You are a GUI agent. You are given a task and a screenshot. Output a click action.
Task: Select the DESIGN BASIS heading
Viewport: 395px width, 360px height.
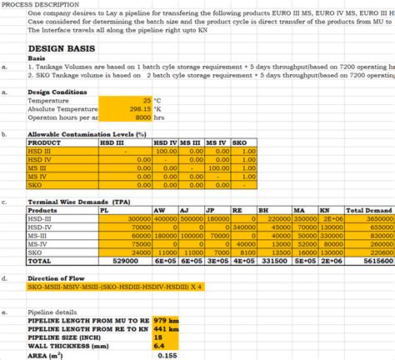coord(58,49)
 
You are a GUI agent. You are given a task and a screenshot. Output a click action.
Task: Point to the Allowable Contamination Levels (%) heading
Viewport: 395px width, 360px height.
coord(87,134)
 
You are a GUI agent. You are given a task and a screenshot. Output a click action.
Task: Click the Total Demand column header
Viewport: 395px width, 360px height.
coord(368,210)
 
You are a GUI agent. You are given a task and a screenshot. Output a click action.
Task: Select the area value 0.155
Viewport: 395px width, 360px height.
coord(167,354)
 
